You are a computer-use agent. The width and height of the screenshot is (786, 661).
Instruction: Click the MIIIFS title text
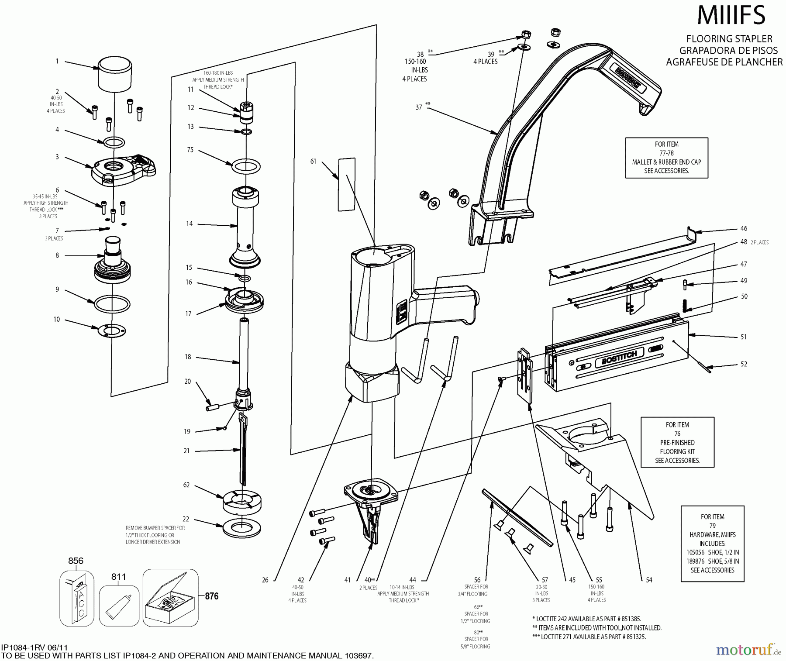click(731, 15)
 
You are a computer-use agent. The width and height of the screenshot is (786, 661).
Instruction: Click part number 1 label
click(57, 62)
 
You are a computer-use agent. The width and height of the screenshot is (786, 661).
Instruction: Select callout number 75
click(190, 150)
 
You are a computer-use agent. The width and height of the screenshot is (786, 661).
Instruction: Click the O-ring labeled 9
click(112, 304)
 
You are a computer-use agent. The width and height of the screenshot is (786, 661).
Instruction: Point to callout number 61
click(313, 162)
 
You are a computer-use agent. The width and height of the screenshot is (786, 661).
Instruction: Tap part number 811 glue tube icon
click(118, 603)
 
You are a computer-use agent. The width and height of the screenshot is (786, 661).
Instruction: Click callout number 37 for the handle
click(418, 107)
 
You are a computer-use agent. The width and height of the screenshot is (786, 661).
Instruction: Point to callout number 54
click(649, 580)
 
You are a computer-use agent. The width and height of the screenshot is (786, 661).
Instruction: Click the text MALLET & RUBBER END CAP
click(666, 162)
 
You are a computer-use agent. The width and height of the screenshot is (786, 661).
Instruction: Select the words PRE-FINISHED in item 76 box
click(677, 443)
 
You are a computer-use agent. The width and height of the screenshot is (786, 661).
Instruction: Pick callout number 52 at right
click(744, 364)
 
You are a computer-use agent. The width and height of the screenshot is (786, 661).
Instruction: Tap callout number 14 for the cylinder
click(189, 224)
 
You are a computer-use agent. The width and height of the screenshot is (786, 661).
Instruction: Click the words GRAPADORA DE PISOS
click(728, 50)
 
